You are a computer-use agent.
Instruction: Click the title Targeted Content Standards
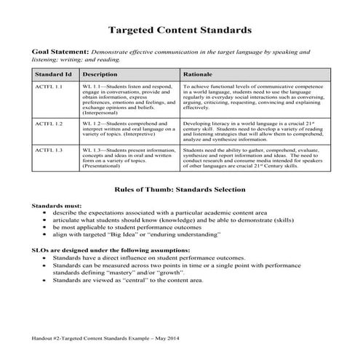click(x=180, y=31)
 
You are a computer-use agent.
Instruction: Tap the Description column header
click(x=100, y=74)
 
